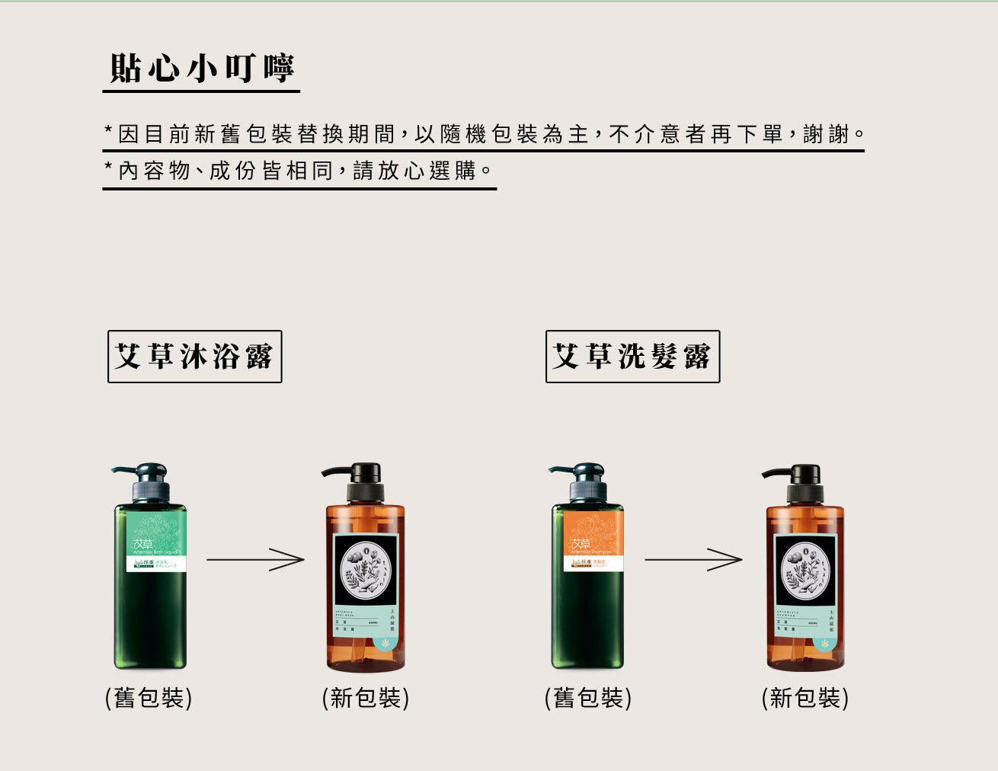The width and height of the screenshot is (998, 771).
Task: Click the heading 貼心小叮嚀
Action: pyautogui.click(x=202, y=69)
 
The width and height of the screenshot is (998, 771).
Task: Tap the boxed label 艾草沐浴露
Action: pyautogui.click(x=194, y=357)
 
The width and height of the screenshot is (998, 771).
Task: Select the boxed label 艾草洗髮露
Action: pyautogui.click(x=632, y=357)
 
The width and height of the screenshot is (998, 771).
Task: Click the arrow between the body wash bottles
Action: pyautogui.click(x=255, y=561)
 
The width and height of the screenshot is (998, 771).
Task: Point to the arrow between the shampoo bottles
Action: pyautogui.click(x=693, y=560)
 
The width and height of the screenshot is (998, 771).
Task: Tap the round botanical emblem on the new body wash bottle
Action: pyautogui.click(x=366, y=568)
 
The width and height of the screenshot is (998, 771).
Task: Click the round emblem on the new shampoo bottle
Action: pyautogui.click(x=805, y=568)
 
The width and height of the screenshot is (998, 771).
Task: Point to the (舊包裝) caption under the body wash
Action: pyautogui.click(x=149, y=698)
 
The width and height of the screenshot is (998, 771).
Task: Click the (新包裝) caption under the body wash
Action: pyautogui.click(x=366, y=698)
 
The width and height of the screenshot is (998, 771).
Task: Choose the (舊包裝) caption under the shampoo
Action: pyautogui.click(x=588, y=698)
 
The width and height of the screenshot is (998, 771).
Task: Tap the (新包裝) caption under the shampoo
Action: pyautogui.click(x=805, y=698)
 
